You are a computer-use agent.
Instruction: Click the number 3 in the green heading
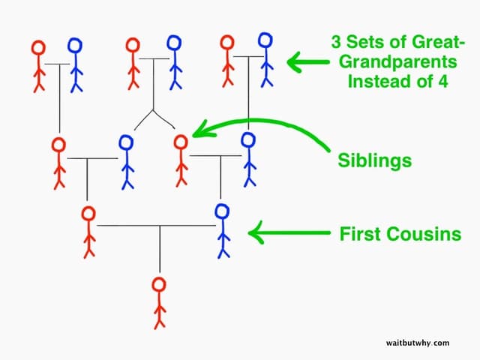(336, 42)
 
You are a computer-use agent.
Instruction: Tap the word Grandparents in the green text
(398, 62)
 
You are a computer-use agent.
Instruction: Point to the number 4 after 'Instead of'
(442, 82)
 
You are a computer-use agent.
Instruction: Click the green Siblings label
(375, 160)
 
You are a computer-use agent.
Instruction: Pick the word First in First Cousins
(359, 234)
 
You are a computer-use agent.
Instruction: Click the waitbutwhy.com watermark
(418, 343)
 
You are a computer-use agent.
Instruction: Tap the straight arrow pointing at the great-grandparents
(308, 62)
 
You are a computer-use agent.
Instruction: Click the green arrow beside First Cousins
(289, 232)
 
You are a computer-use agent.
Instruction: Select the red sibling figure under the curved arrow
(181, 160)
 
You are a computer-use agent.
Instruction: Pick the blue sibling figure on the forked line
(127, 162)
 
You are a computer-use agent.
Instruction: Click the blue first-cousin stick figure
(223, 231)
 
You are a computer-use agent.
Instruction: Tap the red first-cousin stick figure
(88, 232)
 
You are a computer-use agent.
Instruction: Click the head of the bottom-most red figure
(159, 285)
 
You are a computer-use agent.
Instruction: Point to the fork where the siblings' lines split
(153, 110)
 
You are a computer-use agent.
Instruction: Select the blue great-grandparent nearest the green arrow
(265, 60)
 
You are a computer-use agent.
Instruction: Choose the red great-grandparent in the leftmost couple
(39, 66)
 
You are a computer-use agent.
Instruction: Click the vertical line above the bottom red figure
(160, 249)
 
